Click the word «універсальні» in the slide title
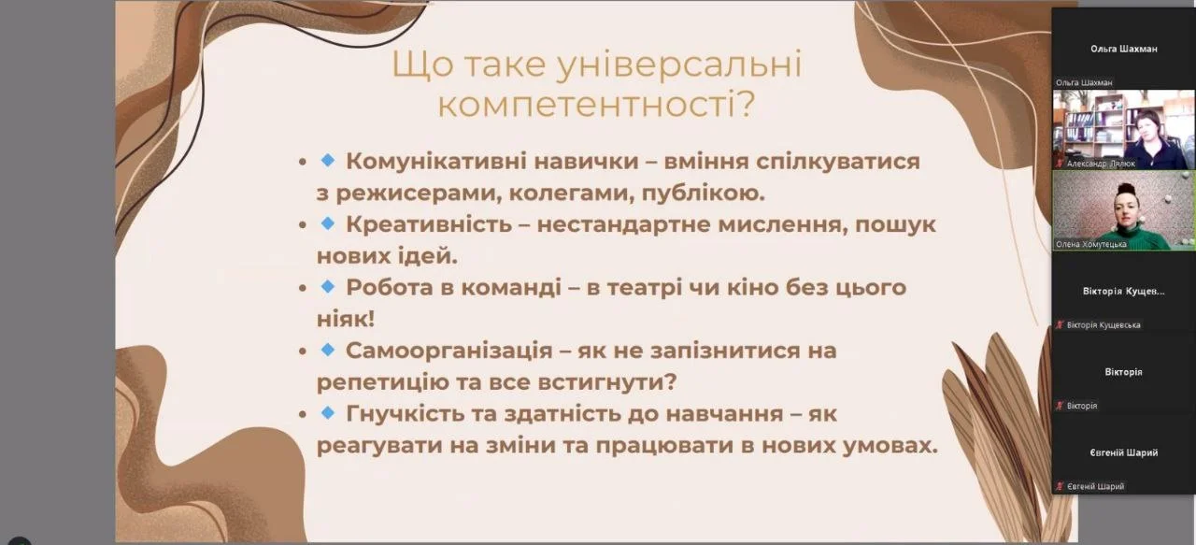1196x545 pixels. [x=679, y=65]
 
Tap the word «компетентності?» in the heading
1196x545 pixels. [x=596, y=104]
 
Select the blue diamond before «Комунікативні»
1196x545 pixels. [x=328, y=159]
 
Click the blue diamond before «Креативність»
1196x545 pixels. [x=328, y=222]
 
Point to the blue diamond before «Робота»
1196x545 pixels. [x=328, y=286]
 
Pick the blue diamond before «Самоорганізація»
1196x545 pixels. [x=328, y=350]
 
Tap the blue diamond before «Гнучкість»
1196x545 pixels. [x=328, y=412]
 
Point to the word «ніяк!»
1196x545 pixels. [x=346, y=319]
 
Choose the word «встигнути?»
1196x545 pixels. [x=607, y=382]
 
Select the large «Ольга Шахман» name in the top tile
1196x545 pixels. [x=1123, y=49]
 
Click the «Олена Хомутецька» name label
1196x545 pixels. [x=1090, y=244]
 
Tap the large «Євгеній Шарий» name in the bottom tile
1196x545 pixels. [x=1123, y=452]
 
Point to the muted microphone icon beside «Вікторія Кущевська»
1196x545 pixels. [x=1060, y=324]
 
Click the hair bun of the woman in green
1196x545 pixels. [x=1126, y=188]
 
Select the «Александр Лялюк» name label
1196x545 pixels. [x=1101, y=164]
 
